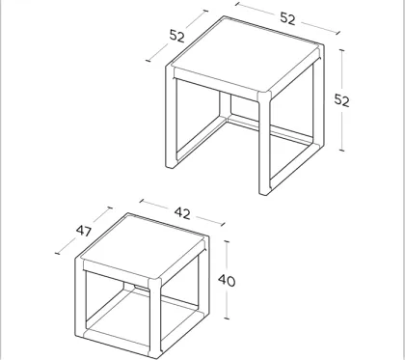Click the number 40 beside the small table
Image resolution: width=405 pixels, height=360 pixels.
pyautogui.click(x=228, y=281)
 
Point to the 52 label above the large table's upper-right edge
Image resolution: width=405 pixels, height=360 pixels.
pyautogui.click(x=288, y=16)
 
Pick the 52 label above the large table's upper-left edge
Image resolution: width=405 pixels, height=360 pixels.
pyautogui.click(x=177, y=35)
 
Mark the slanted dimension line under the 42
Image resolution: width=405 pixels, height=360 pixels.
pyautogui.click(x=174, y=213)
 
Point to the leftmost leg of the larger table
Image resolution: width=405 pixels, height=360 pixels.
pyautogui.click(x=173, y=125)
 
